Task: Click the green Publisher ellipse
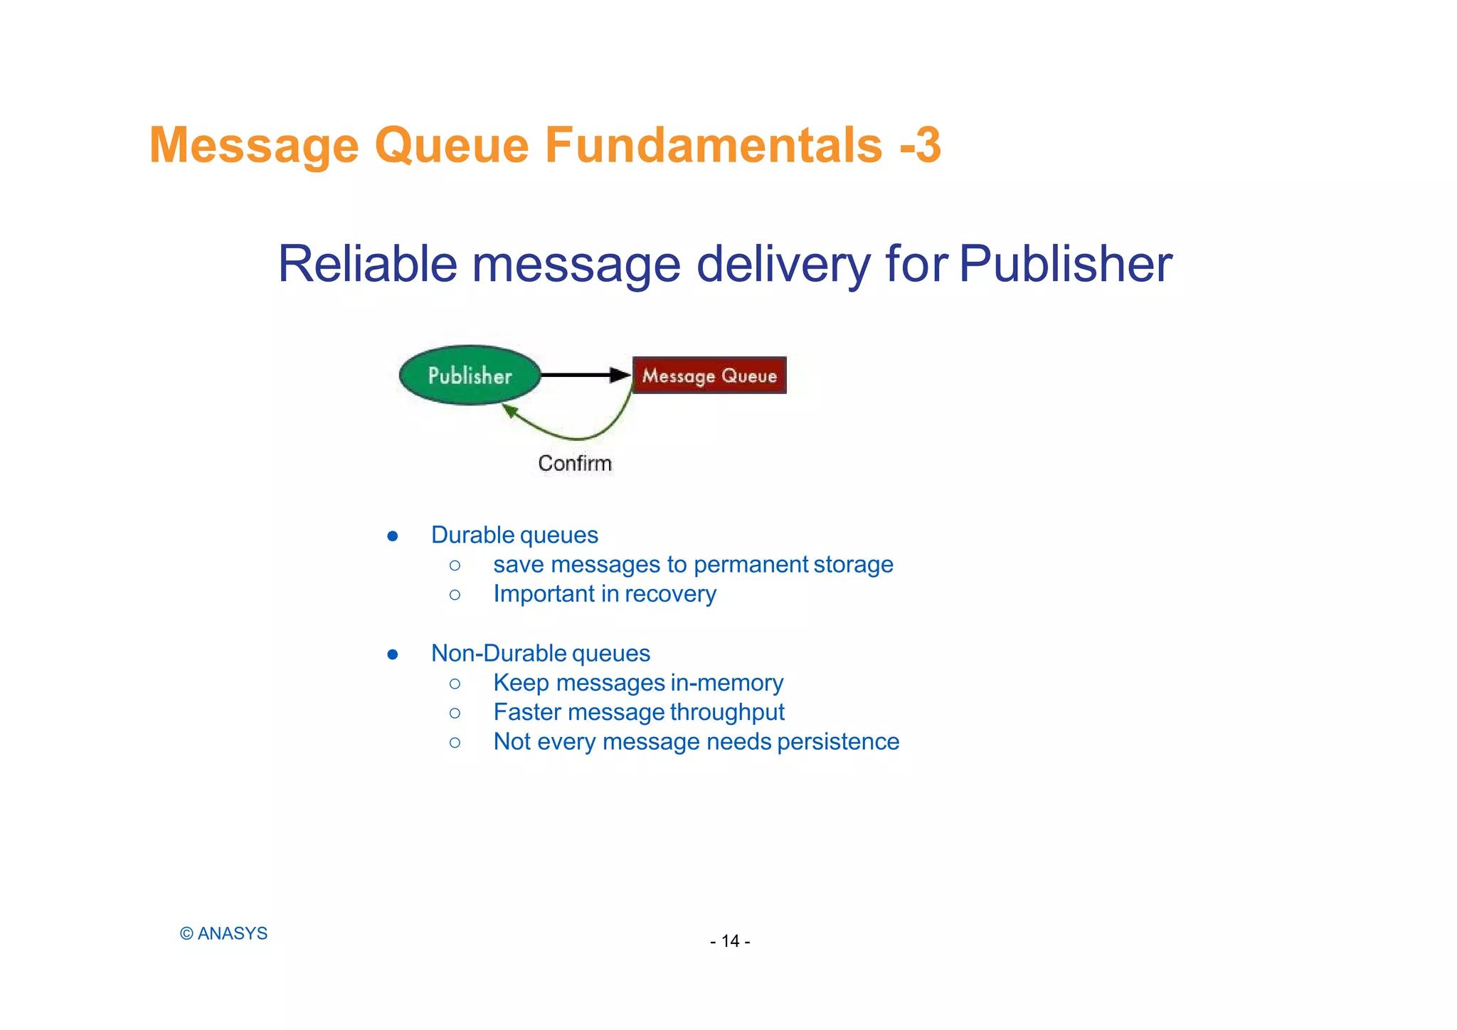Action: (470, 375)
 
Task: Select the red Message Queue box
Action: (709, 375)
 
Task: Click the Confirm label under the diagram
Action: (575, 463)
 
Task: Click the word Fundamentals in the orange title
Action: (714, 145)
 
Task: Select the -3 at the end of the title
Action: (921, 145)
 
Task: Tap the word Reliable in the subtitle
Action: (367, 264)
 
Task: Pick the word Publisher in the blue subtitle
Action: (1065, 264)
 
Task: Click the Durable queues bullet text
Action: (514, 535)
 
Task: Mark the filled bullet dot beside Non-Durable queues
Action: (393, 654)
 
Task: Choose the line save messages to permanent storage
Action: (693, 565)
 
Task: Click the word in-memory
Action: (726, 683)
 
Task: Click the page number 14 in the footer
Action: (730, 941)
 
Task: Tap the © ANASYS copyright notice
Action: (223, 933)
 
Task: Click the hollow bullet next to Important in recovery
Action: (455, 595)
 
